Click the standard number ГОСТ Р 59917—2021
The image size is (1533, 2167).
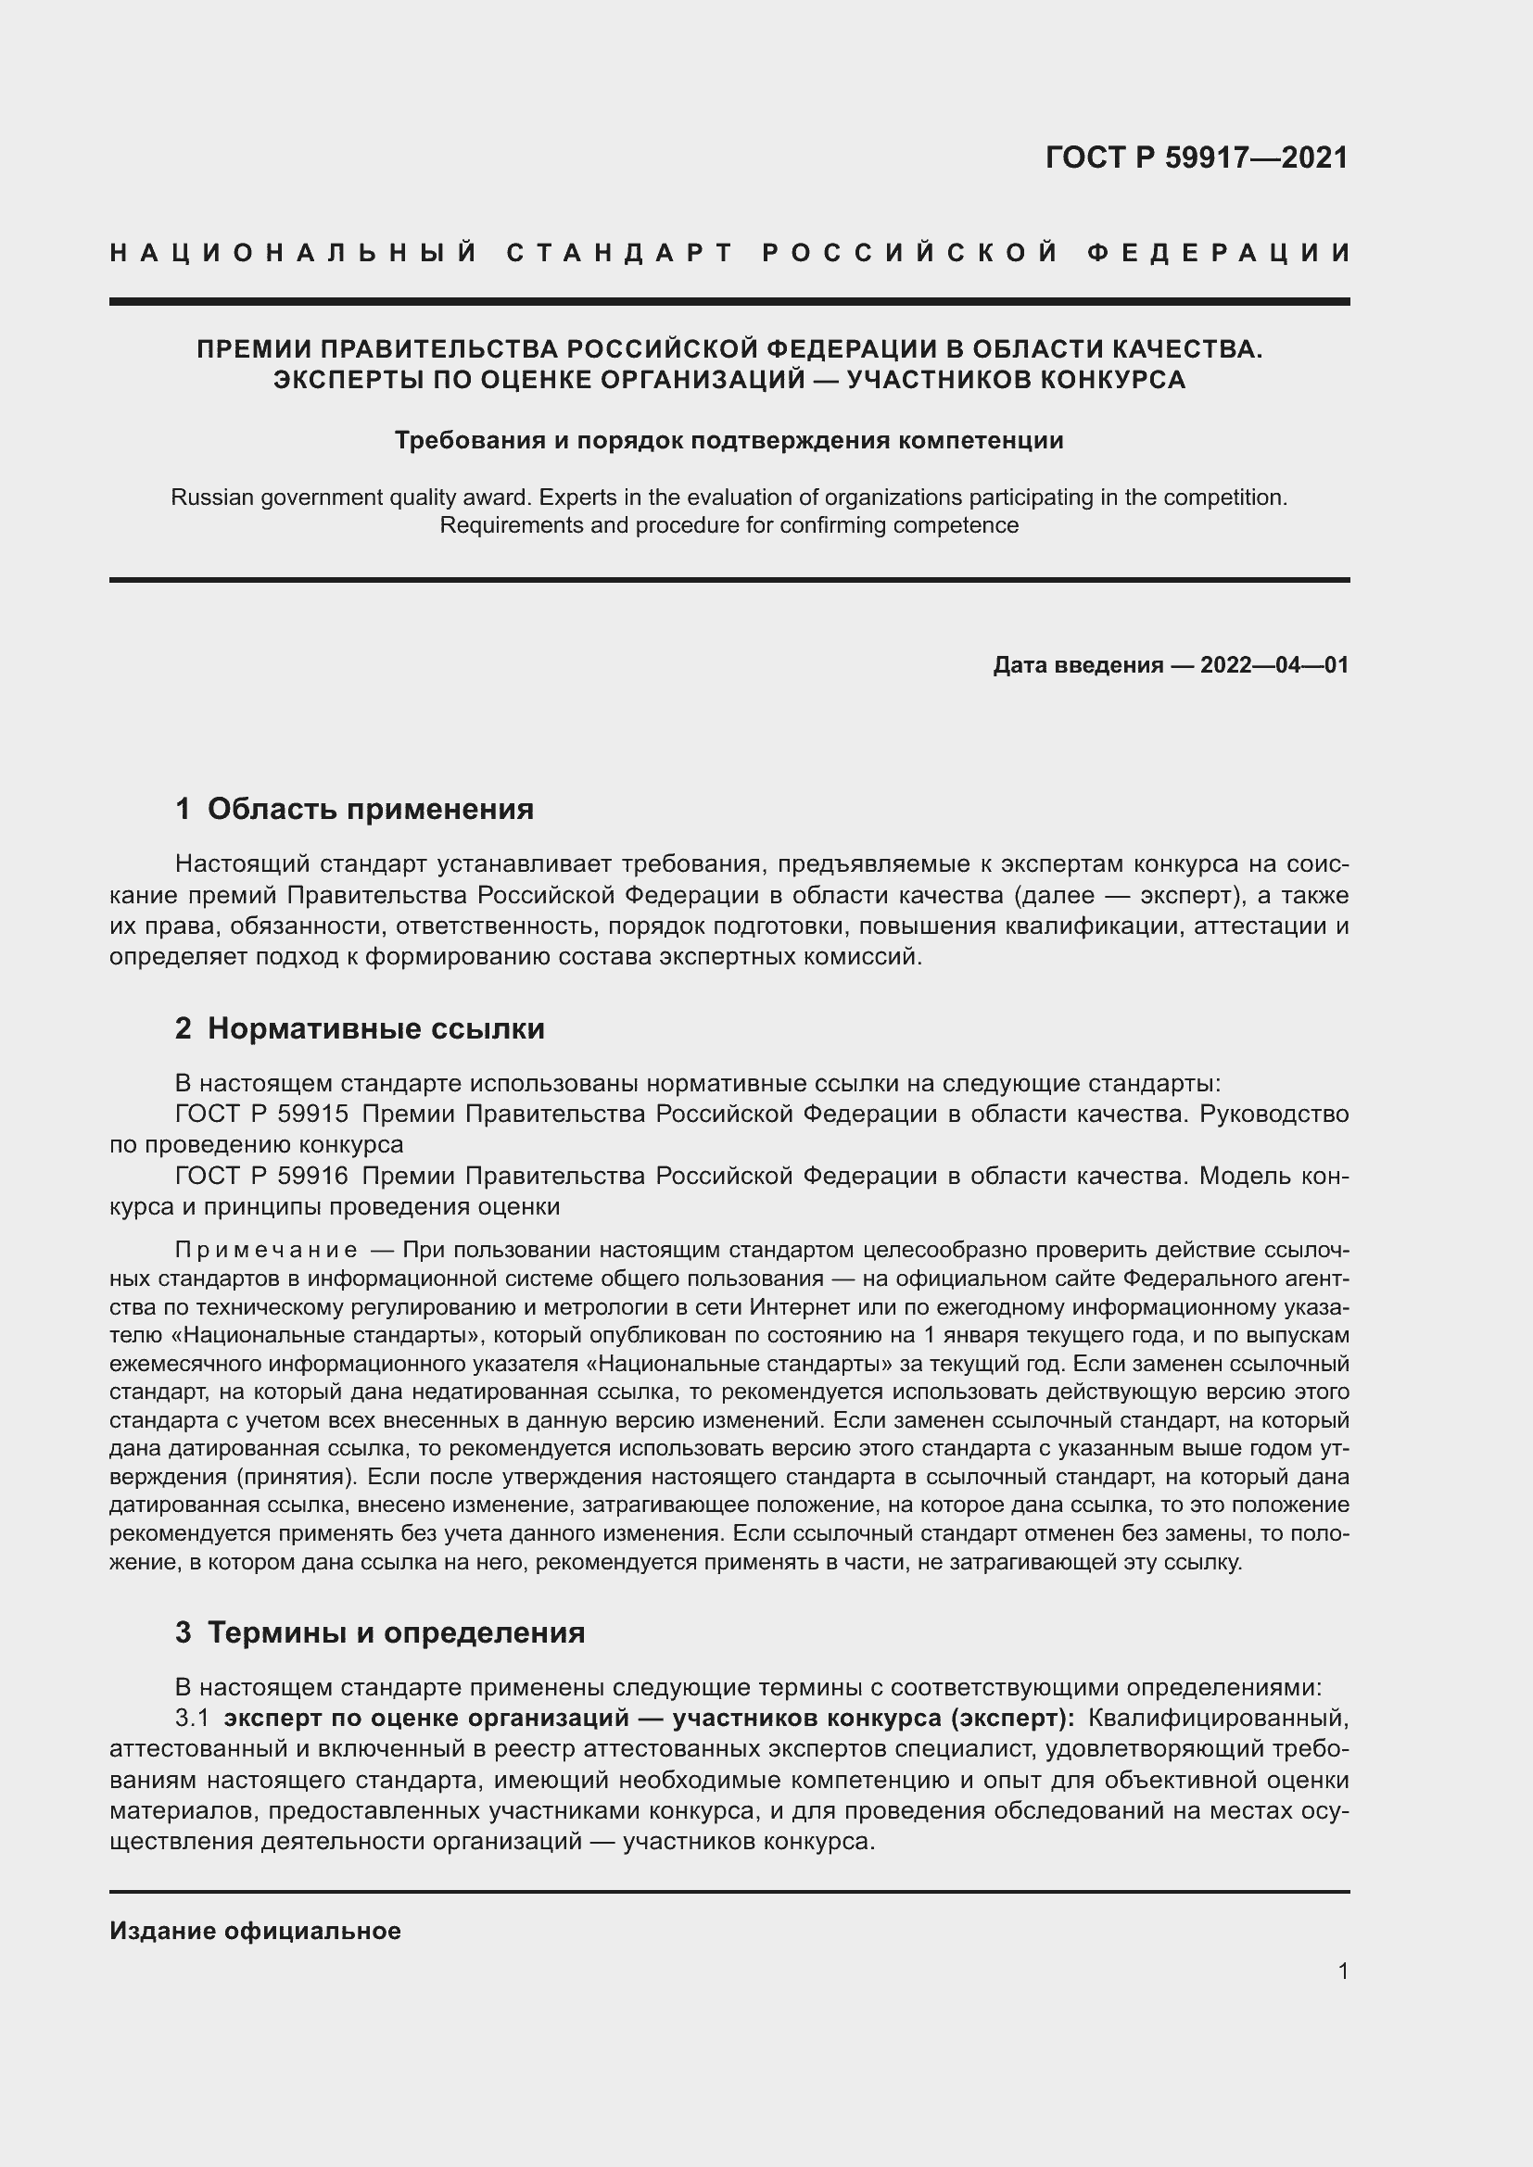pyautogui.click(x=1196, y=157)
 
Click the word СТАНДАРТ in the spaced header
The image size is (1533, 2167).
pyautogui.click(x=620, y=253)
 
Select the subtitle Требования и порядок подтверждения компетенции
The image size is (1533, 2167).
pyautogui.click(x=728, y=441)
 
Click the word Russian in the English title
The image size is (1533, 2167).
pyautogui.click(x=208, y=498)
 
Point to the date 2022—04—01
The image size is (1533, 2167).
pyautogui.click(x=1273, y=665)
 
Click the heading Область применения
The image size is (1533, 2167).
pyautogui.click(x=370, y=809)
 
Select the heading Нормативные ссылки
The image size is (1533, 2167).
pyautogui.click(x=375, y=1028)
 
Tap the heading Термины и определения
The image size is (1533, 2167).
pyautogui.click(x=396, y=1632)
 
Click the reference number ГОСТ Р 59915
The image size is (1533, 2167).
pyautogui.click(x=261, y=1115)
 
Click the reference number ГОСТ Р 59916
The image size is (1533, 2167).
pyautogui.click(x=261, y=1177)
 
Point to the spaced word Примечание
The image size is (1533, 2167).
pyautogui.click(x=266, y=1251)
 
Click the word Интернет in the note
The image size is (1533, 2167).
pyautogui.click(x=789, y=1307)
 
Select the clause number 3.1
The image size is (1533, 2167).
pyautogui.click(x=192, y=1718)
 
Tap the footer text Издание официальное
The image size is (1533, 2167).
pyautogui.click(x=255, y=1931)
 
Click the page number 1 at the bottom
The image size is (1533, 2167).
pyautogui.click(x=1342, y=1972)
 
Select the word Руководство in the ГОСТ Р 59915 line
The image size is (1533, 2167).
pyautogui.click(x=1273, y=1115)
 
